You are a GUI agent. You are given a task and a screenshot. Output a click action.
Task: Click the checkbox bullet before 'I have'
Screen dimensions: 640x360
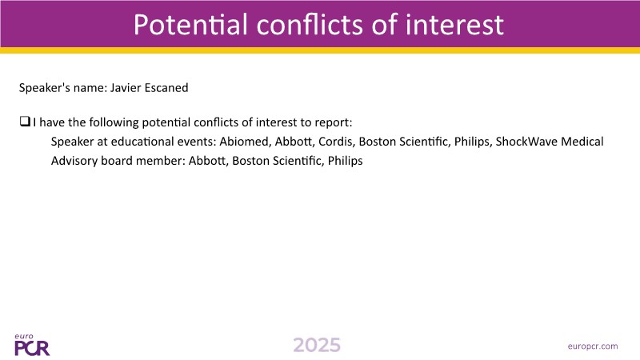coord(25,122)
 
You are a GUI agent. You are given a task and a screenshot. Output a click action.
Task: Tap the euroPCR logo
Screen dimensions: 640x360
coord(32,345)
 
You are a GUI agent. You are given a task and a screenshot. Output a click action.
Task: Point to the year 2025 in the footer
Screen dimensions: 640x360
coord(317,346)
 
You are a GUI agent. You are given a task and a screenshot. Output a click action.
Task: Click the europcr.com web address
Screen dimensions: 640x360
coord(593,346)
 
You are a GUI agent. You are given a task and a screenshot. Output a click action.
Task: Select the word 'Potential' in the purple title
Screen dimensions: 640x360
coord(190,24)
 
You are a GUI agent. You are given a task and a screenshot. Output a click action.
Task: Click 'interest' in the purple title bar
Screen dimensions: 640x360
coord(454,24)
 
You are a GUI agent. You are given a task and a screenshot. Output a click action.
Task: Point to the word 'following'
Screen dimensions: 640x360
coord(114,122)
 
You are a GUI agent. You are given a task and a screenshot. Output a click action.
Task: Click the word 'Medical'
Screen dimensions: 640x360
coord(582,142)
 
